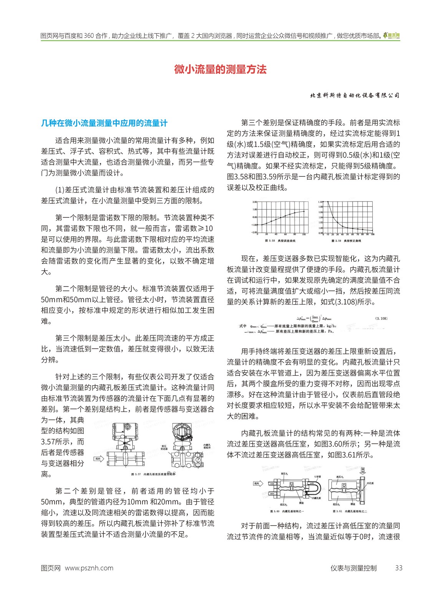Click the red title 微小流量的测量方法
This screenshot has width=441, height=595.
[x=220, y=70]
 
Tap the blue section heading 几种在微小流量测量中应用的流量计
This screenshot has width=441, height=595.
[x=104, y=123]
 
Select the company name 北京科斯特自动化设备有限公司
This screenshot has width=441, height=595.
[x=355, y=96]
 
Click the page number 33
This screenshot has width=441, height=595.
[x=399, y=568]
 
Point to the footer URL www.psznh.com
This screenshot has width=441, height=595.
[x=89, y=568]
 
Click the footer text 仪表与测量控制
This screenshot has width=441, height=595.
[x=353, y=568]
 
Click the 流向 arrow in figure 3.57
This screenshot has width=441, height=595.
[x=98, y=459]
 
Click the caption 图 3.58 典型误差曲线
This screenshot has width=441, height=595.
[x=275, y=241]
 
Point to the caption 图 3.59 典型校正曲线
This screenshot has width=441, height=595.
[x=346, y=241]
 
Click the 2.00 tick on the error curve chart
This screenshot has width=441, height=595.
[x=255, y=202]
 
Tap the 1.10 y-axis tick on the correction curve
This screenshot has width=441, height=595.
[x=321, y=202]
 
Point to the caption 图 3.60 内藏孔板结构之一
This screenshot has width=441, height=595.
[x=287, y=511]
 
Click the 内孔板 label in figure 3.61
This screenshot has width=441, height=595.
[x=370, y=483]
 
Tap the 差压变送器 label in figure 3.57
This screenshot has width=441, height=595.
[x=164, y=447]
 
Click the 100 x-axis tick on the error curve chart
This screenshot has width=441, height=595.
[x=304, y=234]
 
